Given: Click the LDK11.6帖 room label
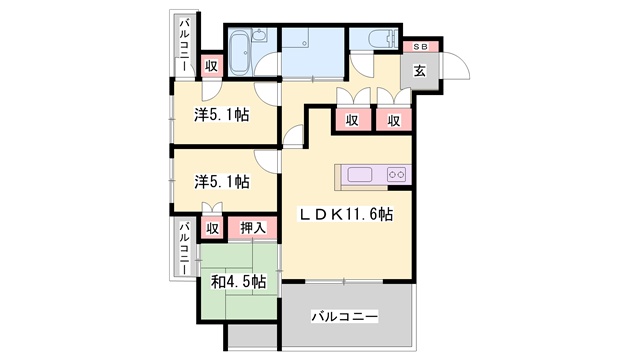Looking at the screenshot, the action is [346, 214].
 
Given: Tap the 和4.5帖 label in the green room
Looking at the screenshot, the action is [238, 282].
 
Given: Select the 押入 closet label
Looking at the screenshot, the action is [253, 228].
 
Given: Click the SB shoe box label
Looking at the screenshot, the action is [420, 47].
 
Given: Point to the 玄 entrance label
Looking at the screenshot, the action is [420, 71].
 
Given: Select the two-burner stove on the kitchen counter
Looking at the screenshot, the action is [397, 175].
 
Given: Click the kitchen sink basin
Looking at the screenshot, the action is [360, 175].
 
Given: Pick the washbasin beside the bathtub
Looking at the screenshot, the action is [258, 36].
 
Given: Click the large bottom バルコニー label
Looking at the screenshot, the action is [345, 316].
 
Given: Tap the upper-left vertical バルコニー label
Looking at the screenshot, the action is [184, 45].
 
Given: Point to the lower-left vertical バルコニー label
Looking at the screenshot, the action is [184, 248].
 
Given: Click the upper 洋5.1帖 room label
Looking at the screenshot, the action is [222, 115].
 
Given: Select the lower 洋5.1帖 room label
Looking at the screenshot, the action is [222, 182].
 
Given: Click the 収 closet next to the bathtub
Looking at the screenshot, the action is [211, 65].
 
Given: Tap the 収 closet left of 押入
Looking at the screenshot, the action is [211, 228].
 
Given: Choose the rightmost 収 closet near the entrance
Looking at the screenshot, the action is [393, 120].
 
